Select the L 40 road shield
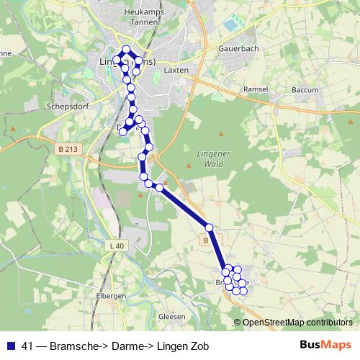117,246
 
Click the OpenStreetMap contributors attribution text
297,322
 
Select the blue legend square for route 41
10,346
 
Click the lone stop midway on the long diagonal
209,228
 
